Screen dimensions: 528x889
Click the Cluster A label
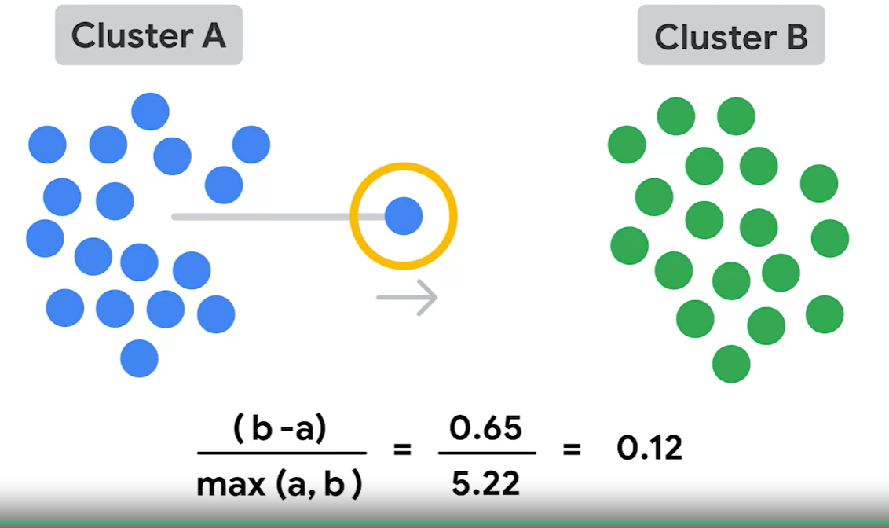click(x=148, y=36)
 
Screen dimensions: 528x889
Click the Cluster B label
click(x=731, y=36)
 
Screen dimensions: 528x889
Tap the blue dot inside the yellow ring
click(x=404, y=215)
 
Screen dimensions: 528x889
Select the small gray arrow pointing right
click(x=407, y=298)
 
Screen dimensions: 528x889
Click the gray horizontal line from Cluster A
click(x=259, y=216)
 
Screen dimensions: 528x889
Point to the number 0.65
click(x=485, y=429)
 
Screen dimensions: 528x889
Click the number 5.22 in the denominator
click(x=485, y=482)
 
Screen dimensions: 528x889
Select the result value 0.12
click(x=649, y=449)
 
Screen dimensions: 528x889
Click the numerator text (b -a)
click(x=280, y=431)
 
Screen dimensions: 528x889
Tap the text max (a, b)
click(x=280, y=484)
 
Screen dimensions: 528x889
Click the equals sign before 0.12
click(x=571, y=450)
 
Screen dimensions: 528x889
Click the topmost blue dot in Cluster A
click(x=150, y=111)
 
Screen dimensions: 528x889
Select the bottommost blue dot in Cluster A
click(x=139, y=358)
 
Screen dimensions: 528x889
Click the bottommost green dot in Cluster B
click(x=731, y=364)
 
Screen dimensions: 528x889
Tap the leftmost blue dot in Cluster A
click(x=45, y=238)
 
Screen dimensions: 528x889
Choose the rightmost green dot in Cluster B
click(x=830, y=238)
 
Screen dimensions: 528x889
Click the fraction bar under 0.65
click(x=487, y=453)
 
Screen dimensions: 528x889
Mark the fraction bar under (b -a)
click(x=281, y=453)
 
